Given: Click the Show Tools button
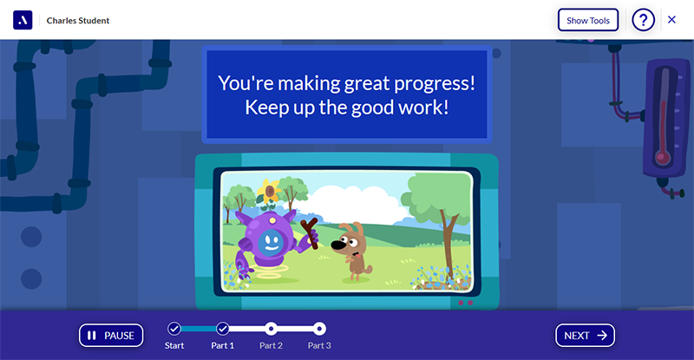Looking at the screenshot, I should (587, 20).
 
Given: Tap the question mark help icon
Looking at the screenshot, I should (643, 20).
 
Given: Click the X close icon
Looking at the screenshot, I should (671, 20).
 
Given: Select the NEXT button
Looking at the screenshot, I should (585, 336).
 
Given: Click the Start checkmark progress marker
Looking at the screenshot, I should (173, 329).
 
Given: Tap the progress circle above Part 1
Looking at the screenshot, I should (222, 329).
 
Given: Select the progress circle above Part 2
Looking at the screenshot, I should (271, 329).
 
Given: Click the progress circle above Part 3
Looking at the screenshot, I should (319, 329).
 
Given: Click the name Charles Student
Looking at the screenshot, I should (78, 20).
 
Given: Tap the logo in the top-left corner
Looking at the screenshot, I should (23, 20).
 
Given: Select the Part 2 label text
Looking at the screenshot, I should (271, 346).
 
